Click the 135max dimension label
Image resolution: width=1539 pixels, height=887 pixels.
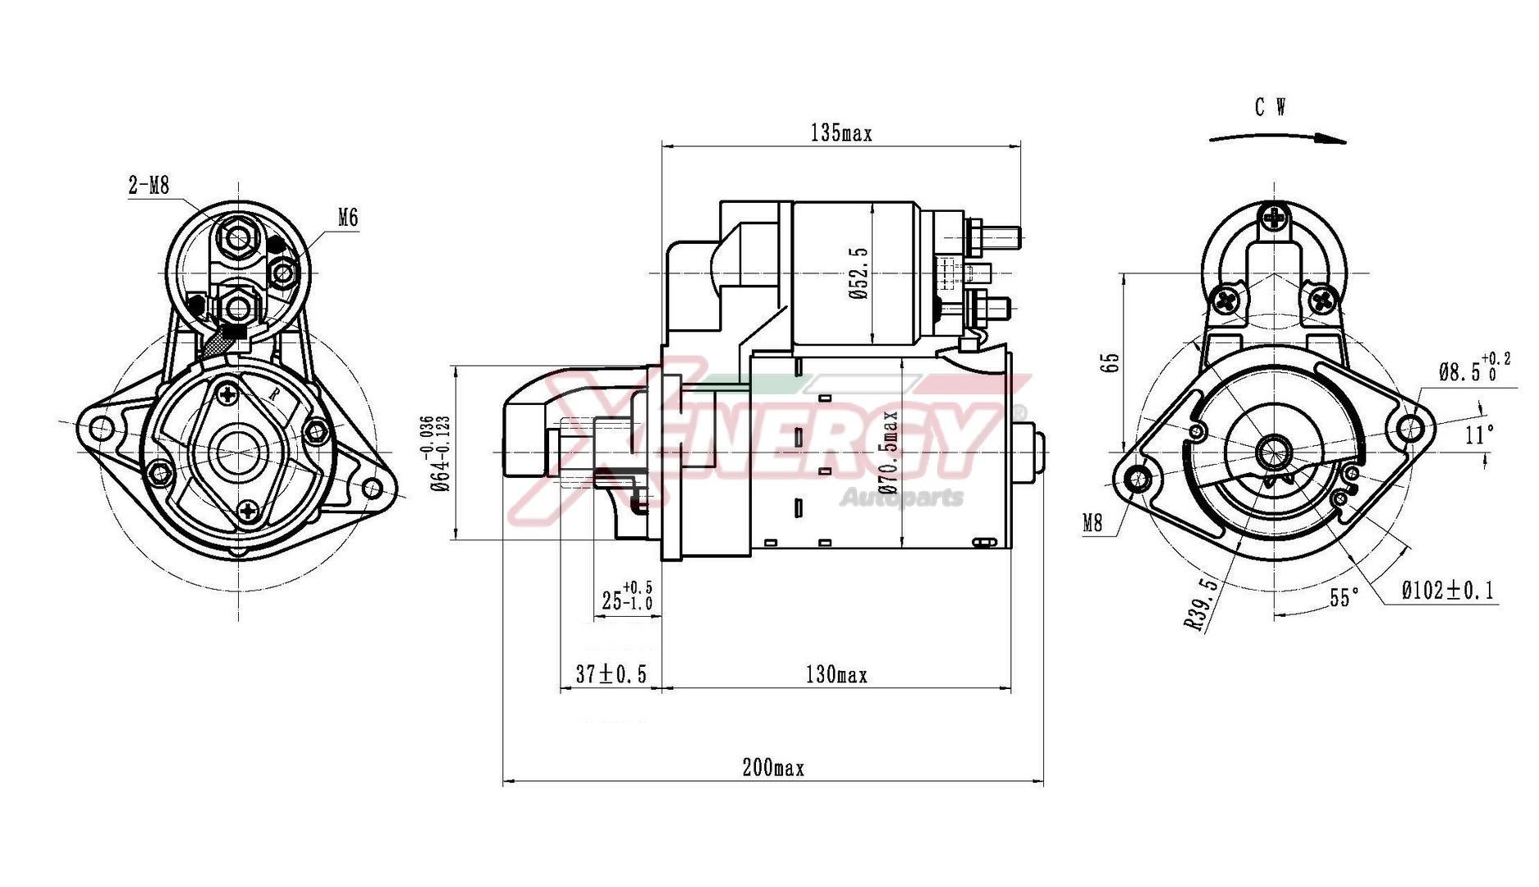pos(840,132)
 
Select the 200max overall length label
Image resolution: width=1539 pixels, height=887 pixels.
pos(772,768)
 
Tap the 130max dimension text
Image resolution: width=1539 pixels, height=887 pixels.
pos(836,675)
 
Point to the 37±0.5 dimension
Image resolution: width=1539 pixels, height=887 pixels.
pos(611,674)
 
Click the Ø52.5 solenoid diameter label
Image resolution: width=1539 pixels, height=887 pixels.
pos(859,273)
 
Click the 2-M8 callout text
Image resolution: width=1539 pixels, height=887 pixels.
pos(149,186)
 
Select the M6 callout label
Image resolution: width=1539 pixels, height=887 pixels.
pos(348,218)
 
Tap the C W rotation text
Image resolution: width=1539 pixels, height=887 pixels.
pos(1270,108)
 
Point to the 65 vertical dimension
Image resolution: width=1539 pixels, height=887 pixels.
pos(1110,363)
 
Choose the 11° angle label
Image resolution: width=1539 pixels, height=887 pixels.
pos(1479,434)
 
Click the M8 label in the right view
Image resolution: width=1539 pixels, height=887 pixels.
pos(1092,522)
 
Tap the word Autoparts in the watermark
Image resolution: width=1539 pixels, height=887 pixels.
pos(901,497)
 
